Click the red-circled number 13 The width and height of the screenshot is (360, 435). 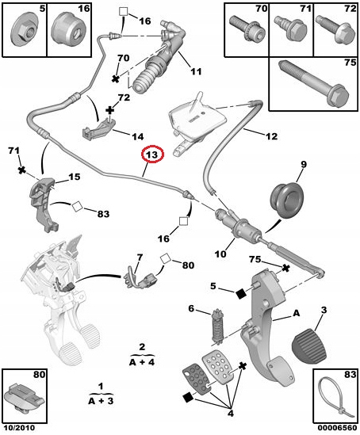(151, 155)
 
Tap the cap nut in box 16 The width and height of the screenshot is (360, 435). (67, 32)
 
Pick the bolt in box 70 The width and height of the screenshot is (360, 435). (243, 31)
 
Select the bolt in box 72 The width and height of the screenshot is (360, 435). (331, 32)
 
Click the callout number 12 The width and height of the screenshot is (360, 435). (271, 136)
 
